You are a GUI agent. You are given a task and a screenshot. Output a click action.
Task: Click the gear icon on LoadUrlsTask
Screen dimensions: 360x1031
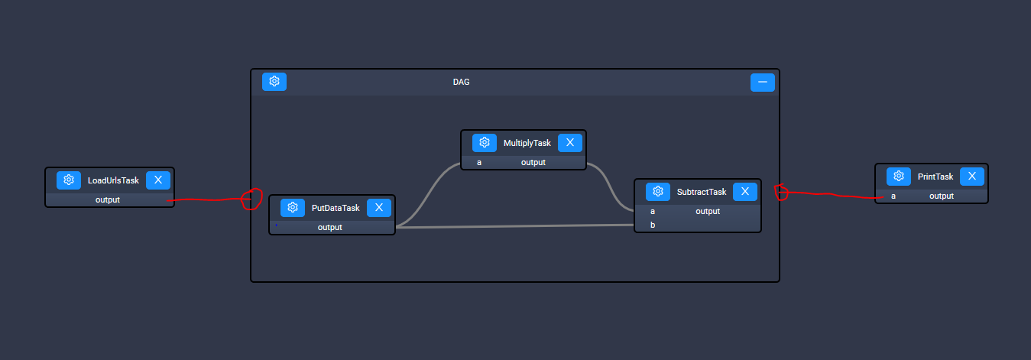[69, 180]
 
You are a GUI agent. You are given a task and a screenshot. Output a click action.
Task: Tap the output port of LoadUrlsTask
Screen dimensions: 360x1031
[107, 199]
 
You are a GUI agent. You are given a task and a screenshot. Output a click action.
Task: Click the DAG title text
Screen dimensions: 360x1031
[461, 82]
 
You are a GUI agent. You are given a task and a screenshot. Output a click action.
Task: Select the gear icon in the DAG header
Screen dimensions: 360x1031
[274, 82]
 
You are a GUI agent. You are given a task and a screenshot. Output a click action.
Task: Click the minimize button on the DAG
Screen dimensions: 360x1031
[762, 83]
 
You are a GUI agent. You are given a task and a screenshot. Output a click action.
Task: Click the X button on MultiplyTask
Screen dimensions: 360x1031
[570, 143]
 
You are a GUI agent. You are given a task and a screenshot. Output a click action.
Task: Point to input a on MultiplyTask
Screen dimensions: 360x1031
[479, 162]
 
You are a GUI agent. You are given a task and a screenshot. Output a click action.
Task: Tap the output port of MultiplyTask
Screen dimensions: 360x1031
[533, 162]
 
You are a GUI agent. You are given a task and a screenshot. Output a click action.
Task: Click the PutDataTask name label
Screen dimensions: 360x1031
[336, 208]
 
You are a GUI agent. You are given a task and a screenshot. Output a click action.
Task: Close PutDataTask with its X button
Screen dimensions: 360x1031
[379, 208]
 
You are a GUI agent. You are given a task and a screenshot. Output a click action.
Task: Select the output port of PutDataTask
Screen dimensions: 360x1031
[329, 227]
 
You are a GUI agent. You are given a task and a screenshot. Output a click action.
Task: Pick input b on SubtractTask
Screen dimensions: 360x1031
[653, 225]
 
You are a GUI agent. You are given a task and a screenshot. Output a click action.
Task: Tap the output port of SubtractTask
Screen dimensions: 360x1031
[708, 211]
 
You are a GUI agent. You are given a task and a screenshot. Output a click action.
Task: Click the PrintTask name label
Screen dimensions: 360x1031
[935, 177]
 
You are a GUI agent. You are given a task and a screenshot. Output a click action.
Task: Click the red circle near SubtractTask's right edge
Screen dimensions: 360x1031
[781, 192]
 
